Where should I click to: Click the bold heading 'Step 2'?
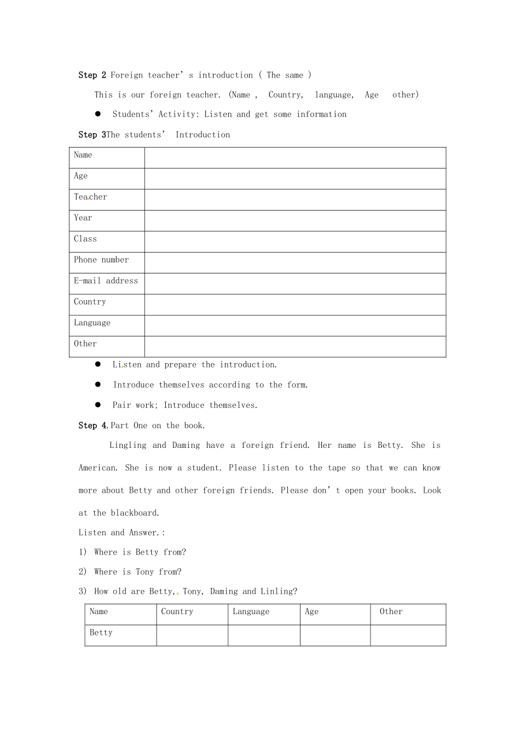click(92, 75)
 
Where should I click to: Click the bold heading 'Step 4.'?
click(94, 425)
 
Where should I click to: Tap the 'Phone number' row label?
click(101, 260)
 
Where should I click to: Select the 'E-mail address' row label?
click(106, 281)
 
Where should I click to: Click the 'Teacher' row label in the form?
click(90, 197)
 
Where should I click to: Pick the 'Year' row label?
click(83, 218)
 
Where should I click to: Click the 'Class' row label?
click(85, 239)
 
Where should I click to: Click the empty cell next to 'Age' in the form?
click(295, 179)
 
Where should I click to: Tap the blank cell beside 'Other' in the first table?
click(295, 347)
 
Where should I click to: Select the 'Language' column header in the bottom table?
click(251, 611)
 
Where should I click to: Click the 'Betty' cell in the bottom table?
click(101, 633)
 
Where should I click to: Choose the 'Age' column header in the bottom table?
click(311, 611)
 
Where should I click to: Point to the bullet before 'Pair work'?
click(98, 405)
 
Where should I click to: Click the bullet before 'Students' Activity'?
click(98, 114)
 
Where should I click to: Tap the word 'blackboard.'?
click(135, 513)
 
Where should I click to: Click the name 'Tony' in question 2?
click(145, 572)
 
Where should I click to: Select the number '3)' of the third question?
click(83, 591)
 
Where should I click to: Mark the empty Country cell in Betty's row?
click(192, 635)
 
